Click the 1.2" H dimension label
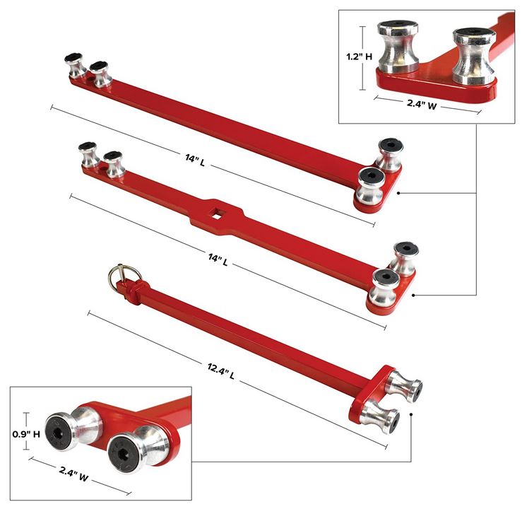click(x=360, y=57)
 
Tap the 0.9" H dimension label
click(x=26, y=434)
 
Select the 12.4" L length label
click(x=221, y=371)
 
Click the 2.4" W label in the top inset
click(x=422, y=104)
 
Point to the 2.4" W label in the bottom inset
click(x=74, y=474)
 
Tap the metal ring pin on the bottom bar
click(x=124, y=274)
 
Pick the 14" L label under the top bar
click(x=195, y=160)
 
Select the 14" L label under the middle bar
click(x=218, y=259)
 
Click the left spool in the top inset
click(x=398, y=47)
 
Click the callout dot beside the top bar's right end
click(x=398, y=193)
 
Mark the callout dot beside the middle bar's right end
click(x=413, y=295)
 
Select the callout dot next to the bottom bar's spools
click(x=412, y=414)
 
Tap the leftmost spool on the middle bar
click(x=88, y=154)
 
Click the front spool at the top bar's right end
click(x=372, y=185)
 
